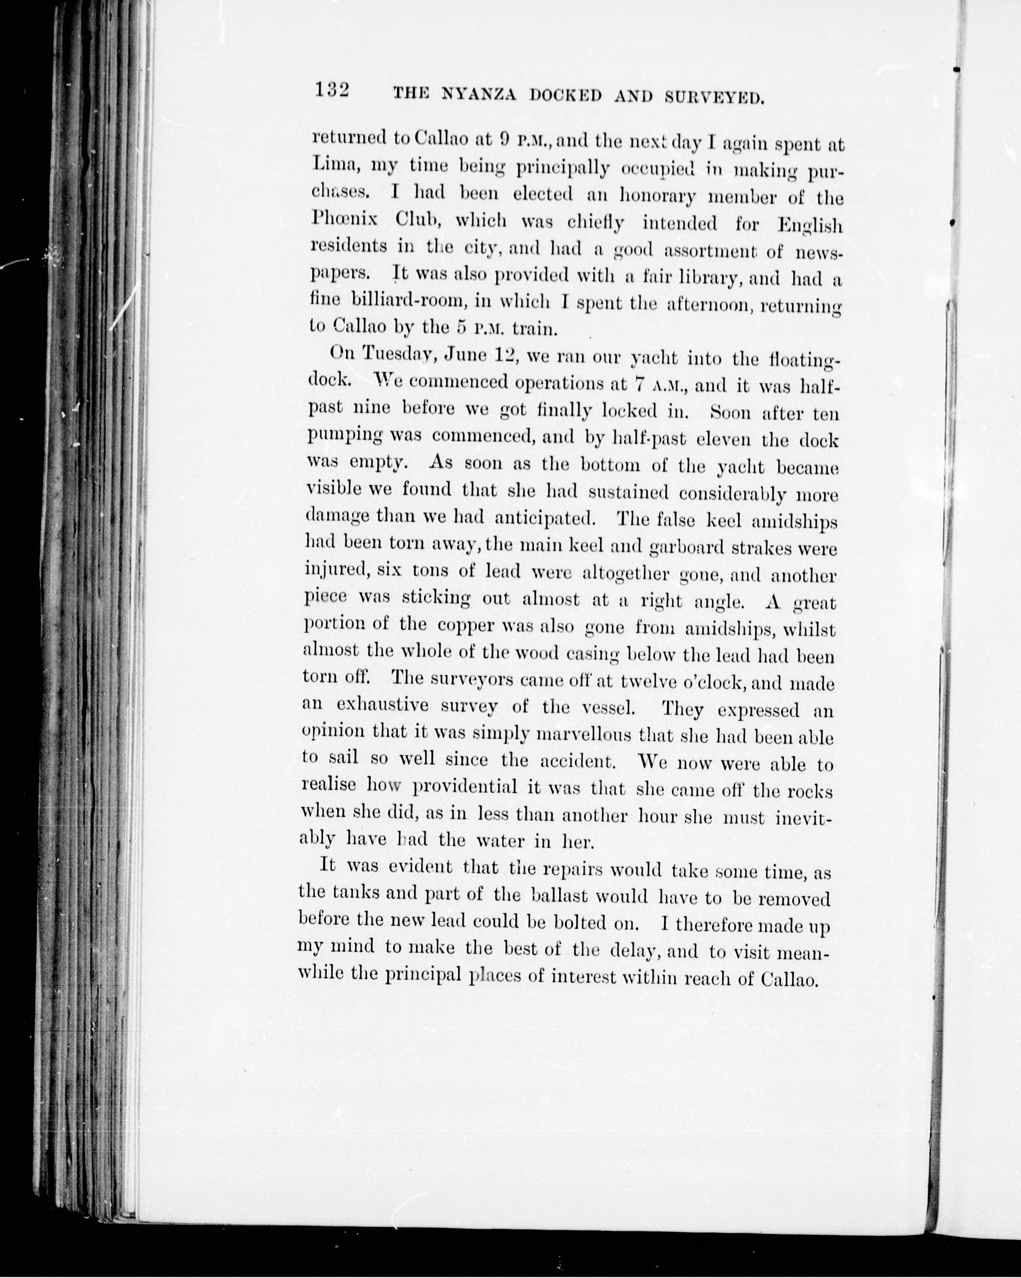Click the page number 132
[332, 91]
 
